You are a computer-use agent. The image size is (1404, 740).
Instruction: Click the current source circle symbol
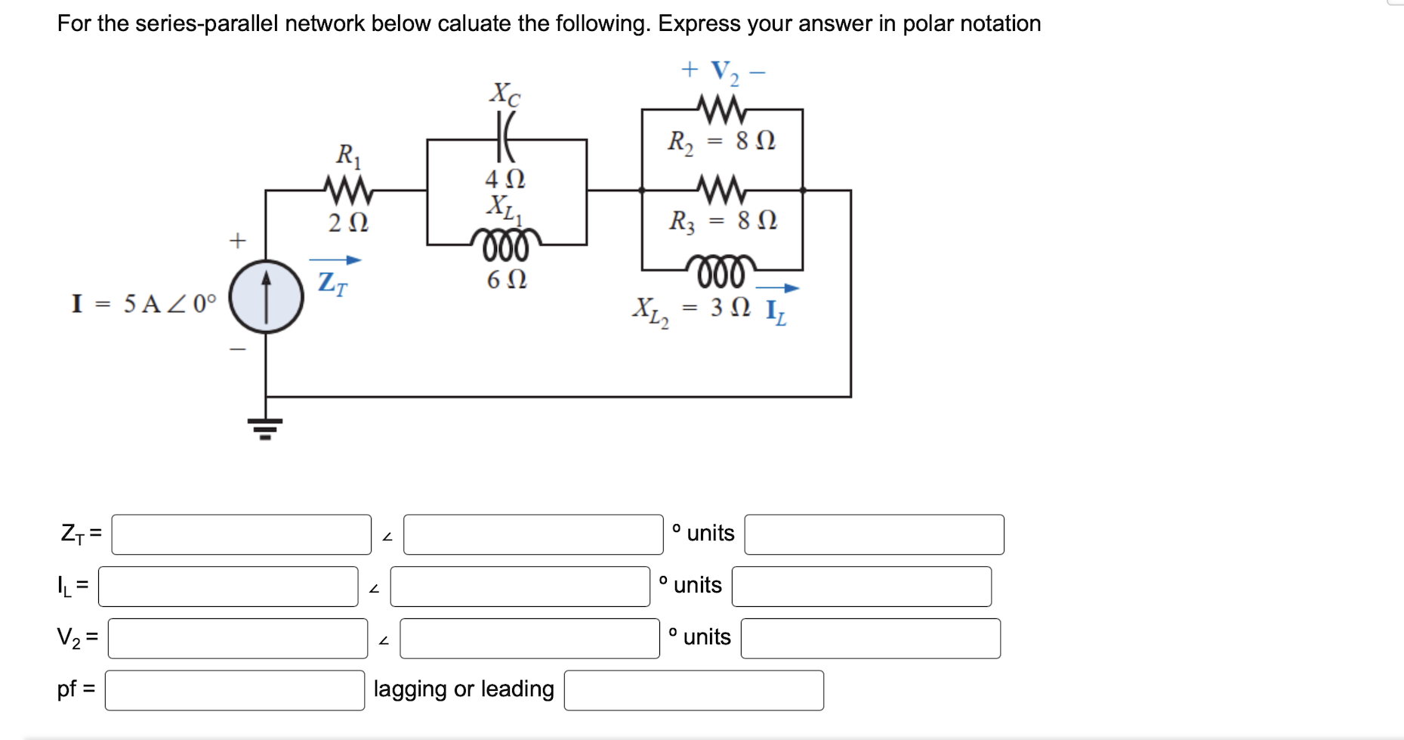(266, 297)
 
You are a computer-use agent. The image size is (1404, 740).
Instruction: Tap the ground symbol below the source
(265, 428)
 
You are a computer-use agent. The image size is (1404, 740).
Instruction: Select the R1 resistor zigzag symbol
(348, 190)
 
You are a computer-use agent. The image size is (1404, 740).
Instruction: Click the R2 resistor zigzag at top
(721, 110)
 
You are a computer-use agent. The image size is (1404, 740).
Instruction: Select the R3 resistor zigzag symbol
(721, 190)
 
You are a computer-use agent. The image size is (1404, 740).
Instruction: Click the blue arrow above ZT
(335, 260)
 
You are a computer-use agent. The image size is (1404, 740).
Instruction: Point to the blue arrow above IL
(777, 288)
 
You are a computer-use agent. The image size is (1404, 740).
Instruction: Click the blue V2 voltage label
(724, 73)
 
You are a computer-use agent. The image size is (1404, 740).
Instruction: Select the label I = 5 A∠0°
(143, 304)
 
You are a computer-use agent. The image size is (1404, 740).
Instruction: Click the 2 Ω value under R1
(348, 223)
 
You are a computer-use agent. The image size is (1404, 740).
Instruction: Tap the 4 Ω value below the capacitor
(505, 179)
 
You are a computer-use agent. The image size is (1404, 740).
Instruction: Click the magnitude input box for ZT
(241, 534)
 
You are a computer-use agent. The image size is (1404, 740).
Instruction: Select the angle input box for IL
(520, 587)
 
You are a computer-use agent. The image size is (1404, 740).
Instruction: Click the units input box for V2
(870, 639)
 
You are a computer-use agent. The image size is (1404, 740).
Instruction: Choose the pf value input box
(234, 690)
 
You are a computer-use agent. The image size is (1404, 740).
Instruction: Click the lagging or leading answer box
(693, 690)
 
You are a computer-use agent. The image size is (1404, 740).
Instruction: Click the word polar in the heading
(928, 23)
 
